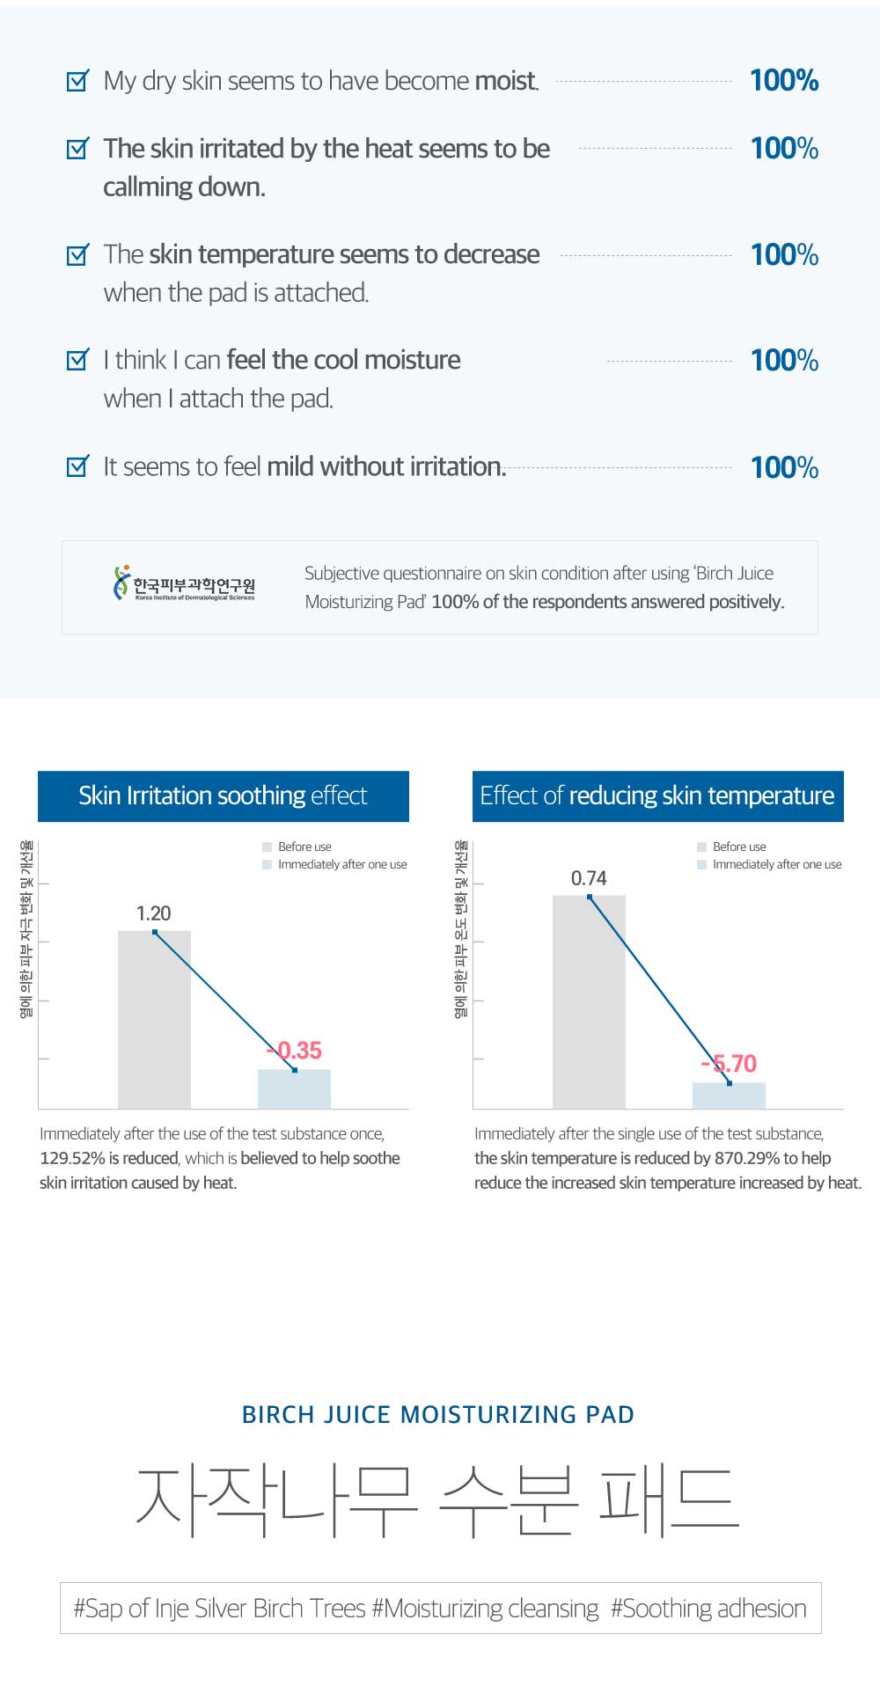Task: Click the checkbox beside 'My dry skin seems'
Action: pyautogui.click(x=78, y=81)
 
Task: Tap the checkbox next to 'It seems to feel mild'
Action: pyautogui.click(x=78, y=465)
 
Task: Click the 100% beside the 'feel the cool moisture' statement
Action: pyautogui.click(x=784, y=360)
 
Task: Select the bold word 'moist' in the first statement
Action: pyautogui.click(x=506, y=81)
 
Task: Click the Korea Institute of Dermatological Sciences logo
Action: pyautogui.click(x=184, y=583)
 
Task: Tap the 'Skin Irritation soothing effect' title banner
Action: pyautogui.click(x=224, y=795)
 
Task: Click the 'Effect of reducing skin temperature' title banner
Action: pyautogui.click(x=657, y=795)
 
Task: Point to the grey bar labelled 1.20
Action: pyautogui.click(x=154, y=1021)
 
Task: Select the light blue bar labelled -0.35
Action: pyautogui.click(x=294, y=1089)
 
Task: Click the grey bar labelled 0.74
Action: pyautogui.click(x=589, y=1003)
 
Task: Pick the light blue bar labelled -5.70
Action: pyautogui.click(x=729, y=1096)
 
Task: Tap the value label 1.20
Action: pyautogui.click(x=153, y=913)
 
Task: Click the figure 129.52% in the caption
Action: pyautogui.click(x=73, y=1158)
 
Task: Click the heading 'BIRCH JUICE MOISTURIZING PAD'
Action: pyautogui.click(x=438, y=1414)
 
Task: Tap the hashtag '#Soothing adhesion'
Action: pyautogui.click(x=708, y=1609)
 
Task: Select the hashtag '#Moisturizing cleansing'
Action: pyautogui.click(x=485, y=1609)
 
